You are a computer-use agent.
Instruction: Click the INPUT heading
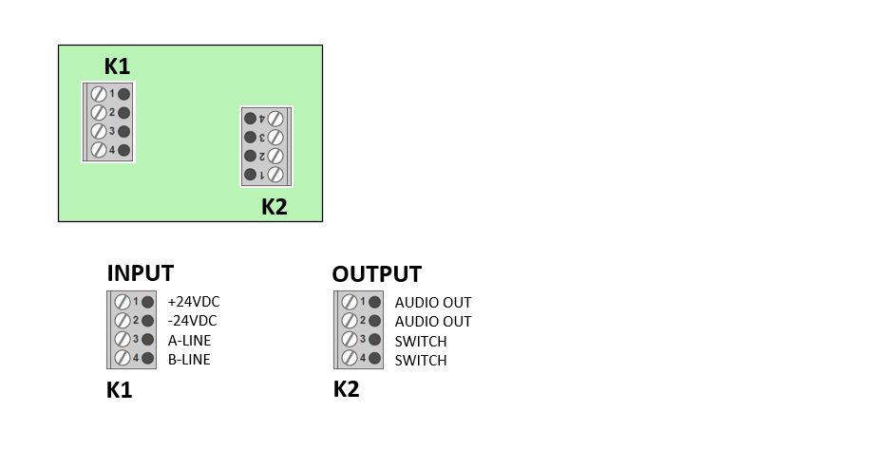coord(141,273)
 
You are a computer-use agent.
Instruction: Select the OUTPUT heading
coord(376,274)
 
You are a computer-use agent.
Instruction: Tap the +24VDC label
coord(193,302)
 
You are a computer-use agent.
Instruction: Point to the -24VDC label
coord(192,321)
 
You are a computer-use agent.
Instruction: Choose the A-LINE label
coord(189,340)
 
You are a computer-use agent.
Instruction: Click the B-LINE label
coord(189,359)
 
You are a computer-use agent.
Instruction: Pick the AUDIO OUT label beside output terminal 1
coord(433,303)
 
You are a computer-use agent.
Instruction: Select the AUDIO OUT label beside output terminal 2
coord(433,322)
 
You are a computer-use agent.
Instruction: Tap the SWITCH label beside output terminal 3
coord(421,341)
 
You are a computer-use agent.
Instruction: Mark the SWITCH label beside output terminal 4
coord(421,360)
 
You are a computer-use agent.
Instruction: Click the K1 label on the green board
coord(117,66)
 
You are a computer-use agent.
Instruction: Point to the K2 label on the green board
coord(275,207)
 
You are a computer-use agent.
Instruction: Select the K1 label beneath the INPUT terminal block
coord(120,390)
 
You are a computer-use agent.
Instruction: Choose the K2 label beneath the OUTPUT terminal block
coord(347,389)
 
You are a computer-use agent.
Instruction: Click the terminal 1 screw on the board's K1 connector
coord(98,93)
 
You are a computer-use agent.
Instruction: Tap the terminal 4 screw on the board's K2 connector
coord(275,119)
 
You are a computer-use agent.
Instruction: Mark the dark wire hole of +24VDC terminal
coord(148,302)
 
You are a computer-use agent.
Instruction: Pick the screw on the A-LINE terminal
coord(122,340)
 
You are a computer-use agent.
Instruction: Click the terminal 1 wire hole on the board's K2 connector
coord(251,175)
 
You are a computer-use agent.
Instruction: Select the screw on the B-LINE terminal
coord(122,359)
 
